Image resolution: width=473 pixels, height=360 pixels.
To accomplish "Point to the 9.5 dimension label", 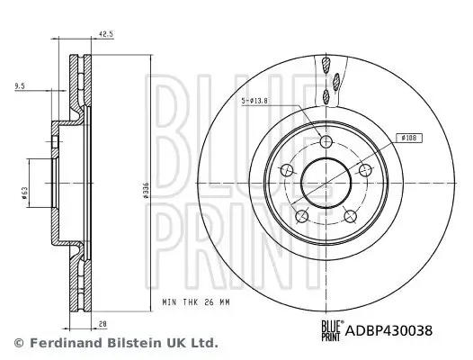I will coord(20,86).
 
